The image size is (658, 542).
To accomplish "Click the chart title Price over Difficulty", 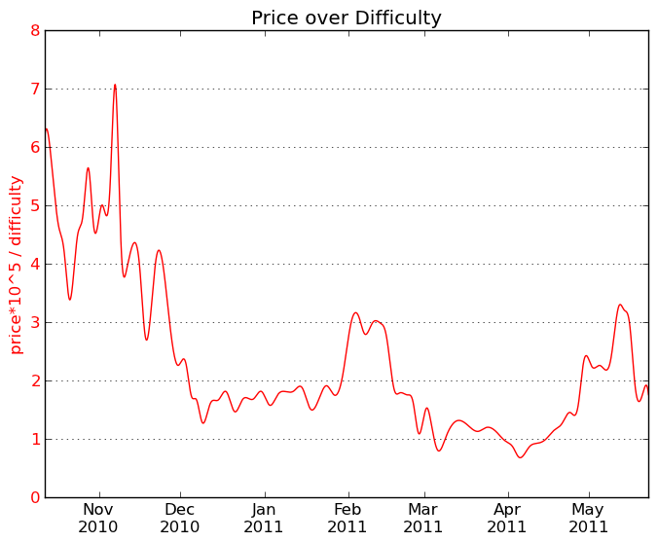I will (346, 18).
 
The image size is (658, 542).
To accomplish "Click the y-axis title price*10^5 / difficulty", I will (17, 265).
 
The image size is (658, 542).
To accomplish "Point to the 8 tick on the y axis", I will (35, 30).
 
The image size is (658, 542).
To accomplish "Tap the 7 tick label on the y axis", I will (35, 89).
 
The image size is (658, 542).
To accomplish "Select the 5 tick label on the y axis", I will (35, 205).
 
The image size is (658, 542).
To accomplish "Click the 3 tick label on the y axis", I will (35, 322).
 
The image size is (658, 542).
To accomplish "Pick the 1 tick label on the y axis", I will (35, 439).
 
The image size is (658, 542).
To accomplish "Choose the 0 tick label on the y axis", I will (35, 497).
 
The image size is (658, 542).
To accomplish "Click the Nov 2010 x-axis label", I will (98, 518).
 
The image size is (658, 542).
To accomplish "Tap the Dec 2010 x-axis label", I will (180, 518).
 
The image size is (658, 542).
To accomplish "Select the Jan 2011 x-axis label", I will (265, 518).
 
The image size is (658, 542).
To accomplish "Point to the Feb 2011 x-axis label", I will (347, 518).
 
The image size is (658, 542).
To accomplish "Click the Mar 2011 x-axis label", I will (423, 518).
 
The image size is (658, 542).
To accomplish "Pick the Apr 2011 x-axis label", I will (507, 518).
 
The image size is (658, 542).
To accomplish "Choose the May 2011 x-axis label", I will (588, 518).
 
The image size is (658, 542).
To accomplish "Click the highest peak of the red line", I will (115, 85).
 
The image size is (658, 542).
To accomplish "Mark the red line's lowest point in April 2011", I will (520, 457).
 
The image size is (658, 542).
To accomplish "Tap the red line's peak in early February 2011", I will (355, 312).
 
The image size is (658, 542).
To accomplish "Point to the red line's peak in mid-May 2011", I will (620, 305).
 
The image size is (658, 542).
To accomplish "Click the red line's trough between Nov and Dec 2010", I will (147, 340).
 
